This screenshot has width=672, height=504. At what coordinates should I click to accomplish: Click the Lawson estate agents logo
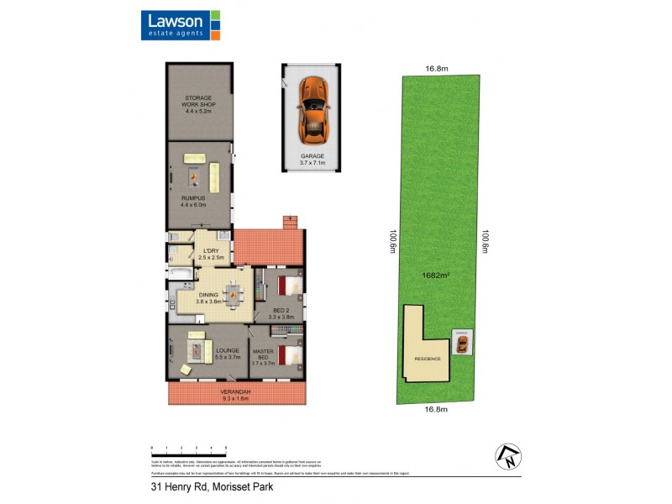181,26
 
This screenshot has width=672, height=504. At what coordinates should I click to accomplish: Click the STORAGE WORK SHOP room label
199,104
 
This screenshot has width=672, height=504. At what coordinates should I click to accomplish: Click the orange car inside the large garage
312,108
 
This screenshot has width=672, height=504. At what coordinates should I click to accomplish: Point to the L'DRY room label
211,254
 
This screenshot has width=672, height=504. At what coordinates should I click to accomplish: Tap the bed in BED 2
288,287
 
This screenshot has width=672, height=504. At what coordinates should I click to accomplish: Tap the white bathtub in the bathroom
180,274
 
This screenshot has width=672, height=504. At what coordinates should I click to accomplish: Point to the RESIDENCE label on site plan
427,359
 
